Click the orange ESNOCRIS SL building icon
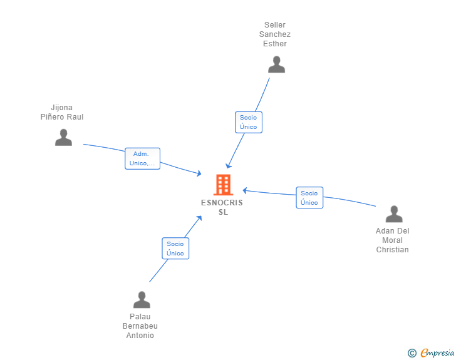(223, 185)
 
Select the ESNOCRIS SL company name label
(222, 207)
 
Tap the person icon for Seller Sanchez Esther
(276, 64)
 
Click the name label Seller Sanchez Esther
(275, 34)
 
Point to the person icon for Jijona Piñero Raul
(63, 137)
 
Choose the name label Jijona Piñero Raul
(62, 112)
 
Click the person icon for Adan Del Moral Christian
(394, 214)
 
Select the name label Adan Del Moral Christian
(393, 240)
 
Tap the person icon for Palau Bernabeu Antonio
(142, 300)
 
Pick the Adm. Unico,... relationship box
(143, 158)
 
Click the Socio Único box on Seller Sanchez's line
(249, 122)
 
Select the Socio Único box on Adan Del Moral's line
(309, 198)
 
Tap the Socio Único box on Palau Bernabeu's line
(175, 249)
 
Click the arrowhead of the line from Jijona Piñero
(199, 174)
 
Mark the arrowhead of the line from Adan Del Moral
(245, 190)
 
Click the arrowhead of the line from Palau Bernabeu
(199, 218)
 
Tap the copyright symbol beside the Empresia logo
(412, 353)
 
